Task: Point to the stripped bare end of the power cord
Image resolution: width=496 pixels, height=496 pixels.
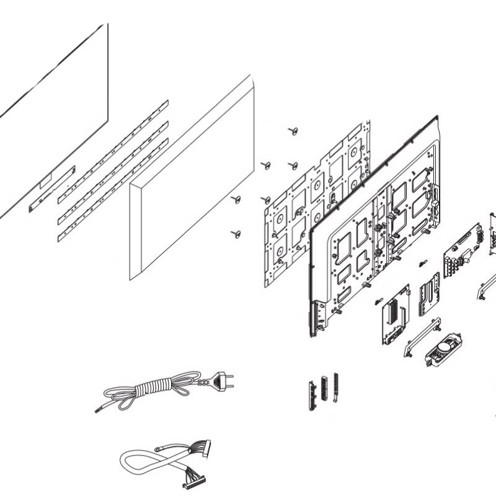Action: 98,410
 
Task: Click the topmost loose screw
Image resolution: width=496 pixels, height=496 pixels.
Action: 294,131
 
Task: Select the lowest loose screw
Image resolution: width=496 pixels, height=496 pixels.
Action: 235,233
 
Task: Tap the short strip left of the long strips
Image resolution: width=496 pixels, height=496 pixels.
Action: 52,188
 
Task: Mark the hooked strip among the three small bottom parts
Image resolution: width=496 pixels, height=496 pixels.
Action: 335,387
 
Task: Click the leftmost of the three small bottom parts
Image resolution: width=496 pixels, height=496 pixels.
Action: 311,394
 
